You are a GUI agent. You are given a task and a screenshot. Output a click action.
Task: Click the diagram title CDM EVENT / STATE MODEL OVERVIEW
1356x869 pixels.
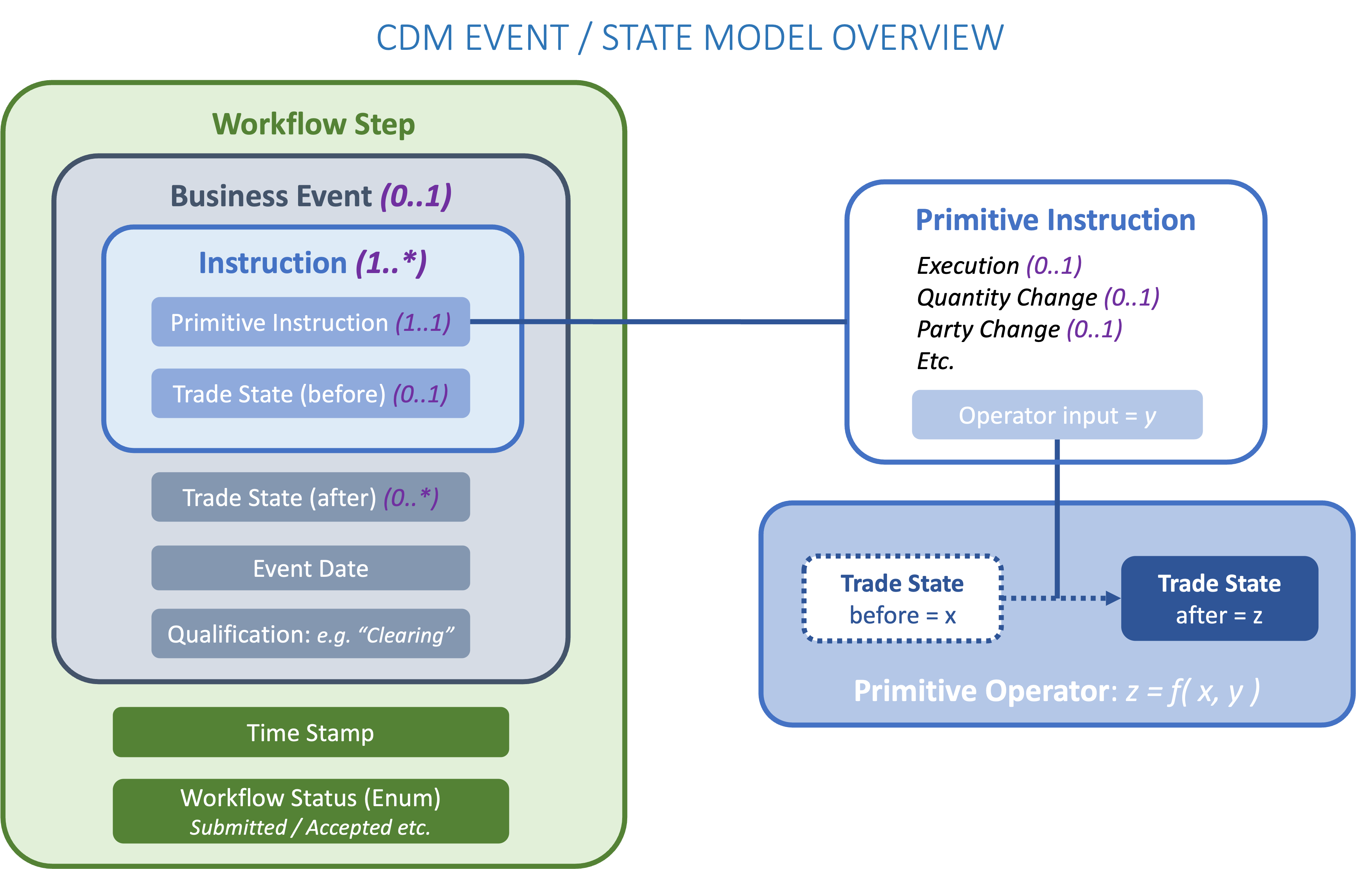pos(689,38)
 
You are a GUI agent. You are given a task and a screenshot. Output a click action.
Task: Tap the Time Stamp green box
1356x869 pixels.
pos(310,732)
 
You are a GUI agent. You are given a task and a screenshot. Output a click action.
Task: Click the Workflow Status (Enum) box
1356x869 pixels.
pos(310,799)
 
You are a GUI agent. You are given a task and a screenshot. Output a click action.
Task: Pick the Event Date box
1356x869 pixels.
pos(310,568)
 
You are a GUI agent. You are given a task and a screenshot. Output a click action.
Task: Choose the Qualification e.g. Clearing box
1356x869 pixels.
pos(310,634)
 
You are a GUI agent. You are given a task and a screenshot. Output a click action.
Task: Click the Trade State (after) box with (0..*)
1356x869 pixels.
pos(310,497)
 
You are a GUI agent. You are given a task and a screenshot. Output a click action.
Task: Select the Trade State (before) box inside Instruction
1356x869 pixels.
pos(310,394)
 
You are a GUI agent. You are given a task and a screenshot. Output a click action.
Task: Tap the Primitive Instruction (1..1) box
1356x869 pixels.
pos(310,322)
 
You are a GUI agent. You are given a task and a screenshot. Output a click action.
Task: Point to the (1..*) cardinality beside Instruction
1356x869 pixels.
pos(391,263)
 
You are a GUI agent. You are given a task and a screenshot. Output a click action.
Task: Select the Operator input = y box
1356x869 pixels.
pos(1057,415)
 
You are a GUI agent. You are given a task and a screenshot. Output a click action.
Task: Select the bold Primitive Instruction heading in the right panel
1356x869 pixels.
pos(1056,220)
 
